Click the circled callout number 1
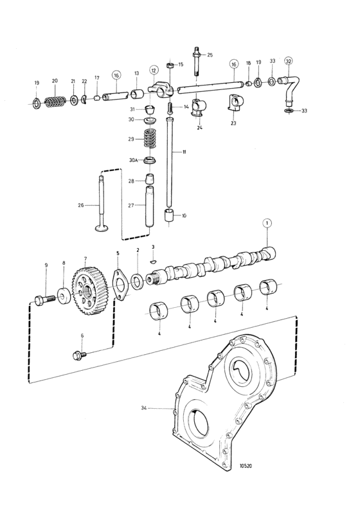click(x=267, y=223)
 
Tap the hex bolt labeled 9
click(x=45, y=299)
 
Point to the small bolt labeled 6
click(x=79, y=355)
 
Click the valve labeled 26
click(x=101, y=203)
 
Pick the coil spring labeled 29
click(x=150, y=138)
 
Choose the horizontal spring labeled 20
click(x=55, y=102)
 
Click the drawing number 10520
click(x=246, y=466)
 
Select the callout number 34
click(x=144, y=408)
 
